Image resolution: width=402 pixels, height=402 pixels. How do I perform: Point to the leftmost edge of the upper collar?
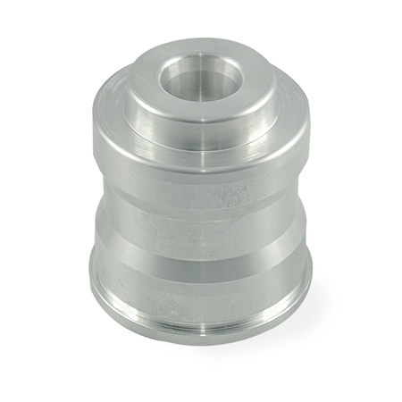[x=92, y=134]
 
